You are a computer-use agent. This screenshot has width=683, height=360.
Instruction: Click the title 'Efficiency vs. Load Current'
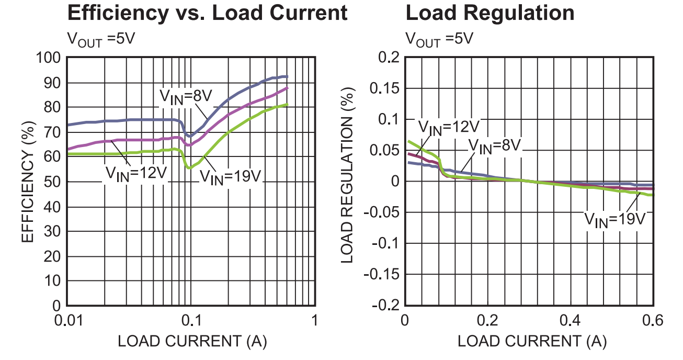[x=207, y=13]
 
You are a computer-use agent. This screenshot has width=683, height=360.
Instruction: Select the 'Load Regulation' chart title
[x=490, y=13]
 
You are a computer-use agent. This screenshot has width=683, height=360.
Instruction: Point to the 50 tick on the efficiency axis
[x=54, y=182]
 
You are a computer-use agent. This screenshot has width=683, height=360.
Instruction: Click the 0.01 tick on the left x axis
[x=69, y=320]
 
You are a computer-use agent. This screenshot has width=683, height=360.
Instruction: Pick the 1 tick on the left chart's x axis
[x=315, y=320]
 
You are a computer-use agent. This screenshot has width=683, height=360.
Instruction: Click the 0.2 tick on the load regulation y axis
[x=384, y=58]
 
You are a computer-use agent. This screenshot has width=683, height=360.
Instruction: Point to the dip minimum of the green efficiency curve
[x=189, y=167]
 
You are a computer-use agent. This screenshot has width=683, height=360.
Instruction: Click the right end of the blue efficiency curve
[x=287, y=77]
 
